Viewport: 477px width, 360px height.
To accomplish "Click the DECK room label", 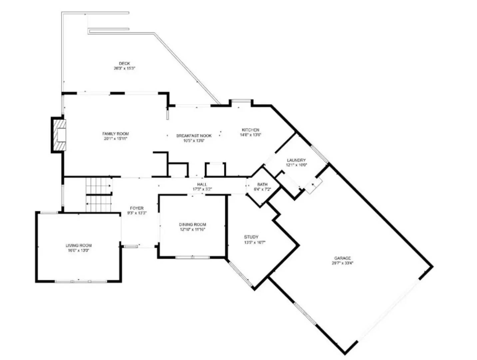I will [124, 63].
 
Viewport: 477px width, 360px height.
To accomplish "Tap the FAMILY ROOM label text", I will [115, 134].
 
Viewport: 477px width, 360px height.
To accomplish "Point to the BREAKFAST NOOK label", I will [194, 136].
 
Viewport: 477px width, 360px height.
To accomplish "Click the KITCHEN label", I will [250, 130].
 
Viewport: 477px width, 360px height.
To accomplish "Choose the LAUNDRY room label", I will [296, 160].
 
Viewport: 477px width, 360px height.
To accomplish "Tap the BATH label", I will [262, 184].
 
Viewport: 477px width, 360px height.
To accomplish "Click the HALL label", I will [202, 184].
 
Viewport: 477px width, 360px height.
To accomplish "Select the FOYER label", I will [137, 208].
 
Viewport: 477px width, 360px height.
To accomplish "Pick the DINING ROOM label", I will [193, 225].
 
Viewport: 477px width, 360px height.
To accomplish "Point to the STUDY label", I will [251, 237].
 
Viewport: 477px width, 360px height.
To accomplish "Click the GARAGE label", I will [342, 258].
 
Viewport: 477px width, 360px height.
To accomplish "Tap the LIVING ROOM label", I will [79, 246].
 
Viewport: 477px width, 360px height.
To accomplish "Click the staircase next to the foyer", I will [99, 195].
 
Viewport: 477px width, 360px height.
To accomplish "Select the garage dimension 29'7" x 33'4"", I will [342, 263].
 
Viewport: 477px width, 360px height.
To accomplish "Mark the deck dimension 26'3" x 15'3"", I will [124, 68].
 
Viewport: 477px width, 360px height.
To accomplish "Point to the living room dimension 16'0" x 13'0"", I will [79, 251].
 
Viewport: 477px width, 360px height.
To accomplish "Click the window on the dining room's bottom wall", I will [193, 257].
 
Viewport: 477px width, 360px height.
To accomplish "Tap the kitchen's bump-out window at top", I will [241, 101].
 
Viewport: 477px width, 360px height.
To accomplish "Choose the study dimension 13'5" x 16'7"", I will [254, 242].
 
